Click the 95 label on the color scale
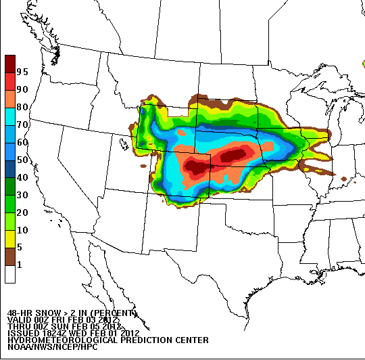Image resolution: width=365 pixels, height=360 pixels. pos(22,72)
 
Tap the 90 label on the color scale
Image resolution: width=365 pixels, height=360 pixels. pos(22,89)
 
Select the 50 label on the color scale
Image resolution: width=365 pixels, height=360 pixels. pos(22,160)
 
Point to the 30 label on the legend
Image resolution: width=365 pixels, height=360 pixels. pos(22,195)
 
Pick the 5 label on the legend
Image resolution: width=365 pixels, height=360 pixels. pos(20,247)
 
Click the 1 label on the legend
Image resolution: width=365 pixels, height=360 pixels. pos(20,265)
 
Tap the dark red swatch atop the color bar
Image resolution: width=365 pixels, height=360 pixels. pos(10,63)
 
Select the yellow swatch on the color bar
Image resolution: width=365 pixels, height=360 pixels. pos(10,239)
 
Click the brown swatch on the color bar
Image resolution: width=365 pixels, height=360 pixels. pos(10,256)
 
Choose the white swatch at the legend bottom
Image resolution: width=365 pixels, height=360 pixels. pos(10,274)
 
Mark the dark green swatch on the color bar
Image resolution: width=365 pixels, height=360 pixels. pos(10,186)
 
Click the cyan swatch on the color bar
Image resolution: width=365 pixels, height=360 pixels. pos(10,116)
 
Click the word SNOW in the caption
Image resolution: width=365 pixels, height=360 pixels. pos(41,313)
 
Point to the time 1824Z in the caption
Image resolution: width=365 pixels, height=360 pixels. pos(57,333)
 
